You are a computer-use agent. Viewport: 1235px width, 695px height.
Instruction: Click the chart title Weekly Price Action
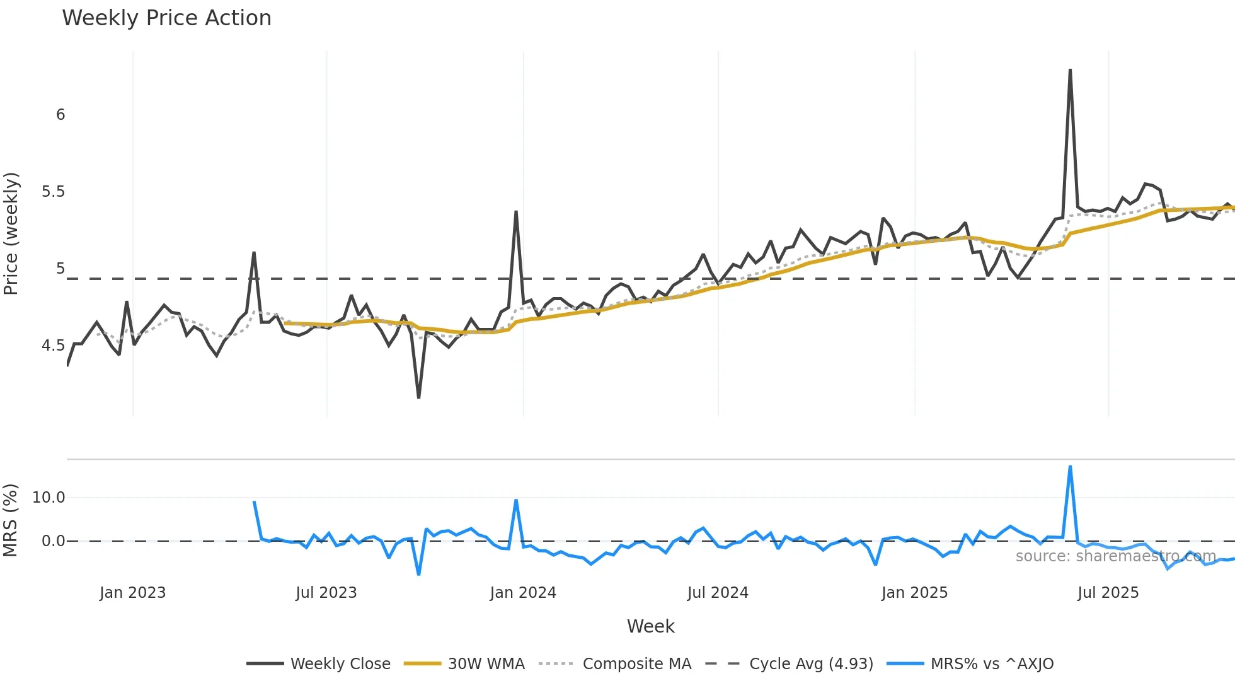[x=166, y=18]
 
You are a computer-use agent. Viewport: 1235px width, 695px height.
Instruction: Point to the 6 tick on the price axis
[x=60, y=115]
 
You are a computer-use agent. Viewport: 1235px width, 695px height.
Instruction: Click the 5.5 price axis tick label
[x=54, y=192]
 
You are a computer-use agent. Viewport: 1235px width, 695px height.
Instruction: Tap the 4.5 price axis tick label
[x=54, y=346]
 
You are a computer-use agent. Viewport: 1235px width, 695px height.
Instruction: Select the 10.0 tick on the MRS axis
[x=49, y=498]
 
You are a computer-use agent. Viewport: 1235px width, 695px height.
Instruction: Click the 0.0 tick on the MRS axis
[x=53, y=541]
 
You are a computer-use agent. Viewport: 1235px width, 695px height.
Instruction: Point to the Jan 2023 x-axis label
[x=132, y=593]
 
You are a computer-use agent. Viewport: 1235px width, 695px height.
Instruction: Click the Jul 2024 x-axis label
[x=718, y=593]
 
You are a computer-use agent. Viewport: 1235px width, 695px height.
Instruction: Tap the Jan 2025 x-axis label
[x=914, y=593]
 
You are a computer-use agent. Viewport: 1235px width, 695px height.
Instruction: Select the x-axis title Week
[x=650, y=626]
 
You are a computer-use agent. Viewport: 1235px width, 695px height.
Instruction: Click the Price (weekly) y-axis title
[x=11, y=233]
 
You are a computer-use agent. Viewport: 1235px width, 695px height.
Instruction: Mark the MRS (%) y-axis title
[x=11, y=520]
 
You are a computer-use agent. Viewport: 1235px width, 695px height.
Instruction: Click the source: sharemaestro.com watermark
[x=1115, y=556]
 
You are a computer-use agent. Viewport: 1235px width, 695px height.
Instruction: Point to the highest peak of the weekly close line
[x=1070, y=70]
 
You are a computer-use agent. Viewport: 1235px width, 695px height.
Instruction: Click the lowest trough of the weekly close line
[x=418, y=397]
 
